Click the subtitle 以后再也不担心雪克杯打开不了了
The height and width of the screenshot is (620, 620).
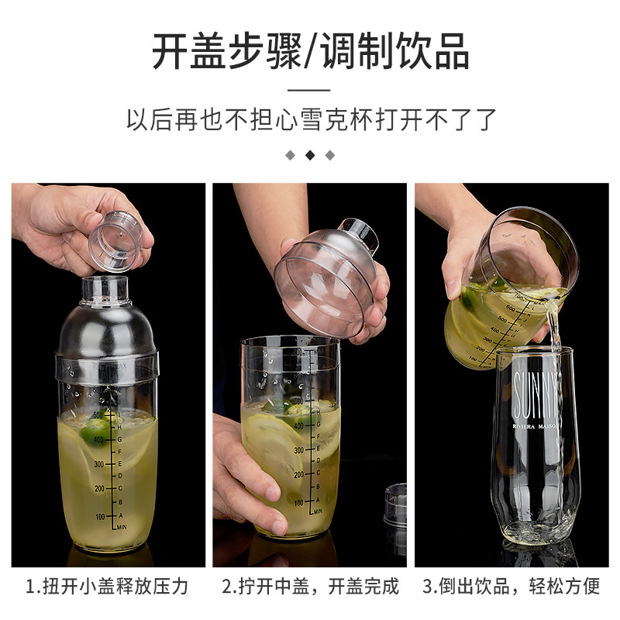coord(310,120)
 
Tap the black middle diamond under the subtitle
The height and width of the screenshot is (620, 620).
coord(310,155)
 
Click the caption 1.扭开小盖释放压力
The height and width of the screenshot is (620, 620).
coord(108,585)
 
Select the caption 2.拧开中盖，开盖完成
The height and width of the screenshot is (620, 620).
coord(310,585)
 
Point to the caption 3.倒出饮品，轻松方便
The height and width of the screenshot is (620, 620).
coord(512,585)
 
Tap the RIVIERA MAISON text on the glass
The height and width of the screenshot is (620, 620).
coord(536,427)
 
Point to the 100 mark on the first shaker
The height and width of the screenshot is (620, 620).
coord(98,515)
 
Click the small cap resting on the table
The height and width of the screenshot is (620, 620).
coord(395,504)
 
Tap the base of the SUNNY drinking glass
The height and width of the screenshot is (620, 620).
coord(536,531)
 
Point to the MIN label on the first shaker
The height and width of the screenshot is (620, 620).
coord(121,528)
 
